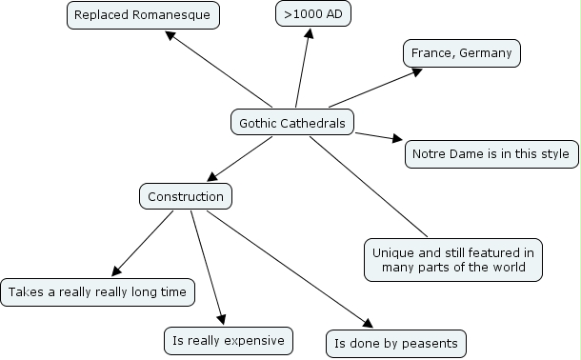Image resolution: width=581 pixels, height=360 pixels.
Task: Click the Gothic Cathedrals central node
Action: pyautogui.click(x=292, y=122)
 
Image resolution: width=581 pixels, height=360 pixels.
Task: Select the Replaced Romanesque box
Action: pyautogui.click(x=143, y=15)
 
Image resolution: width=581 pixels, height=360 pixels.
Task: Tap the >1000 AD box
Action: pyautogui.click(x=307, y=15)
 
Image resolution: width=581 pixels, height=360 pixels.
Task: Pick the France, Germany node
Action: pyautogui.click(x=462, y=53)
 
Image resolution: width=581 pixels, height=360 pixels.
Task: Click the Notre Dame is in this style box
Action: pyautogui.click(x=491, y=153)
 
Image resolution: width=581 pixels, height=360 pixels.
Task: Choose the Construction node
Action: pyautogui.click(x=186, y=197)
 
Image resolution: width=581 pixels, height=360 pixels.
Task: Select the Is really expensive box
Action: pyautogui.click(x=228, y=339)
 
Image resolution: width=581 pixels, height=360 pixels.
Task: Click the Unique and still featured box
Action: pyautogui.click(x=453, y=260)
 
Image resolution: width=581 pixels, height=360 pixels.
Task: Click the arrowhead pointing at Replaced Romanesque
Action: pyautogui.click(x=170, y=35)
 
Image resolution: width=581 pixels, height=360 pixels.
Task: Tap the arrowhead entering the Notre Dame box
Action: pyautogui.click(x=400, y=141)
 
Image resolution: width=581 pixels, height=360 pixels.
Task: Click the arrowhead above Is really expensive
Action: pyautogui.click(x=224, y=319)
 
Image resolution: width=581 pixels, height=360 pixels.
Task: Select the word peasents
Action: pyautogui.click(x=431, y=343)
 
